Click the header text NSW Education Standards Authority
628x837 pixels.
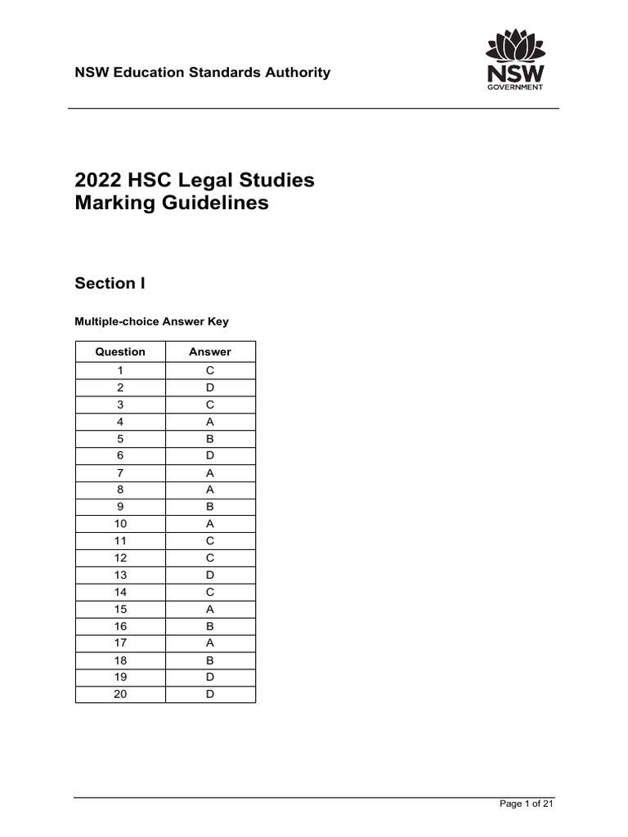point(203,72)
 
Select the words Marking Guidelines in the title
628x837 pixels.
point(172,204)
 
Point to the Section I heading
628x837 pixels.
point(105,284)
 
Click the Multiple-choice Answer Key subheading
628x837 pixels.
point(152,321)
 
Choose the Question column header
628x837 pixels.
point(120,352)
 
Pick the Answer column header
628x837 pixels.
point(210,352)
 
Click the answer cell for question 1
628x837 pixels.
point(210,370)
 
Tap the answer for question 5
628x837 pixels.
point(210,439)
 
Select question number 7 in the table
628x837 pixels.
point(120,473)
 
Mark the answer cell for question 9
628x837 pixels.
point(210,507)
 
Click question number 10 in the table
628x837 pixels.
point(120,524)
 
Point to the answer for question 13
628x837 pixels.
point(210,575)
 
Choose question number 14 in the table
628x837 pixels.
point(120,593)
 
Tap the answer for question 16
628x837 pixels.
point(210,627)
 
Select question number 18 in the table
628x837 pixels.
point(120,660)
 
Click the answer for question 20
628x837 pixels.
point(210,695)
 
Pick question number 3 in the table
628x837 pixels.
point(120,405)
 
